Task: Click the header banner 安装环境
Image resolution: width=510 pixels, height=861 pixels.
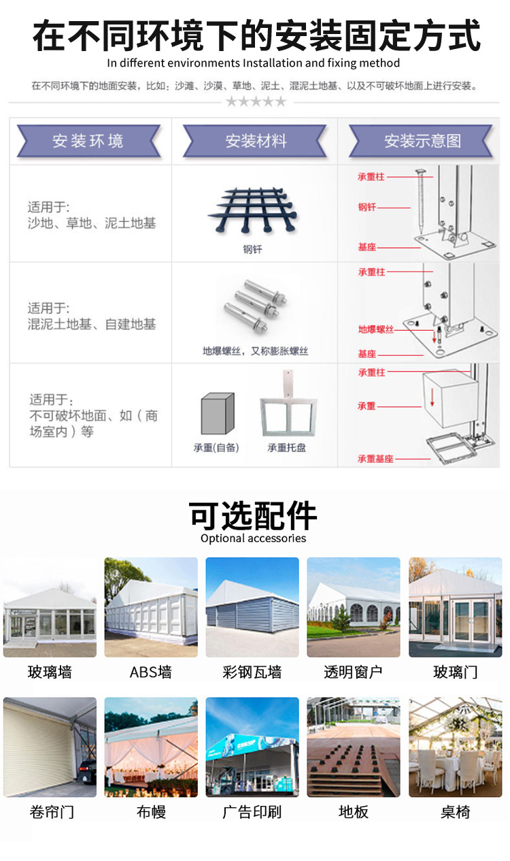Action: (88, 142)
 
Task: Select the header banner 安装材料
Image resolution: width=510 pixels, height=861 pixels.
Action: (256, 142)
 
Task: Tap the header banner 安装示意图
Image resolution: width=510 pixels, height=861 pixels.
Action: (422, 142)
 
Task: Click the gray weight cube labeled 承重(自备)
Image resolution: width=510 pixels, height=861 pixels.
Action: (218, 413)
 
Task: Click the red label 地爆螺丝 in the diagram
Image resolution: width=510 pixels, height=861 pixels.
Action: (376, 329)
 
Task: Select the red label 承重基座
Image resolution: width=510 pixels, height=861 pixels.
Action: (375, 459)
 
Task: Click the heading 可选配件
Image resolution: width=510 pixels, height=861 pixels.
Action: (253, 516)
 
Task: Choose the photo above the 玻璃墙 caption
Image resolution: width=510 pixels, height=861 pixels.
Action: (50, 607)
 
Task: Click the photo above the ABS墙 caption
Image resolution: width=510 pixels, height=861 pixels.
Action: (151, 607)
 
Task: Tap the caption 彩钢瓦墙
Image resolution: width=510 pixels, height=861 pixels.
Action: (252, 672)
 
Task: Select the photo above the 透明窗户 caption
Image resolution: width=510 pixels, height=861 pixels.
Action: (354, 607)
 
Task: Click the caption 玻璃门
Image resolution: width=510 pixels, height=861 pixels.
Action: (455, 672)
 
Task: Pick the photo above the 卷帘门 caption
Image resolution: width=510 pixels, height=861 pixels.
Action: (50, 747)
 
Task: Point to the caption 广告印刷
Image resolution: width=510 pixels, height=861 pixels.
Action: (252, 812)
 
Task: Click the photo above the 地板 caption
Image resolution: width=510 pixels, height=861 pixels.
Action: (354, 747)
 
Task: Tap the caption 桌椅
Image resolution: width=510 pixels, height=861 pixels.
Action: (455, 812)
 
